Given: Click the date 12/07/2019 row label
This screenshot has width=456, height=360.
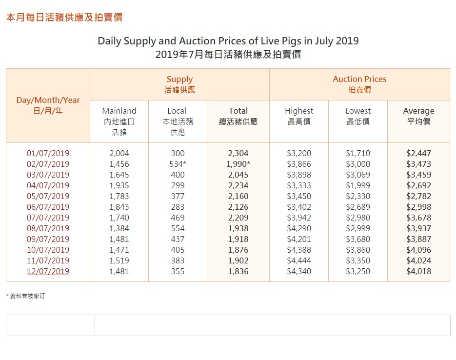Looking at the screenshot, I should pos(48,271).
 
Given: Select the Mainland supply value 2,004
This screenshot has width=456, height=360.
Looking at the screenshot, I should pos(119,153).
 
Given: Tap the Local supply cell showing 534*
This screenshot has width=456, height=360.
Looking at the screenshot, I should pos(178,164).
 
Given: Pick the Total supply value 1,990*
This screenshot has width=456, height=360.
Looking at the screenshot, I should pos(238,164).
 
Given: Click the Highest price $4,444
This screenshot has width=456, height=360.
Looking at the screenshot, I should pos(299,260).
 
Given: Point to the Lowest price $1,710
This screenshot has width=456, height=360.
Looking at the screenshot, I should pos(358,153).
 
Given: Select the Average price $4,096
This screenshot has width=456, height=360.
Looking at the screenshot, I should pos(418,250).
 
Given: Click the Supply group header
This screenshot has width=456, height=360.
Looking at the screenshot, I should pos(179,84).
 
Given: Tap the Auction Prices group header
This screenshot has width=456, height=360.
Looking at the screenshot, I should pos(359,84).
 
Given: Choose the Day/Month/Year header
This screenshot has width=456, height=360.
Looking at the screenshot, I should pos(48,105).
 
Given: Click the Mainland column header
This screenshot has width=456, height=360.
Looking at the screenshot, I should pos(119,111).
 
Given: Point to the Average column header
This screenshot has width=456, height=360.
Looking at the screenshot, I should pos(418,111).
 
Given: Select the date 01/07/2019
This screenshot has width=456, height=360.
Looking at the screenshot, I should pos(48,153).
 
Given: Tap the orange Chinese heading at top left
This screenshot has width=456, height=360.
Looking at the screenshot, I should pos(64,18).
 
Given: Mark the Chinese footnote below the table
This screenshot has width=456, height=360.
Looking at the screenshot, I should pos(25,296).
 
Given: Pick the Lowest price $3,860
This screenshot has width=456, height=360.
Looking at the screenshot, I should pos(358,250).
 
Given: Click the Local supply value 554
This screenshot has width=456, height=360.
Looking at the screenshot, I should pos(178,228).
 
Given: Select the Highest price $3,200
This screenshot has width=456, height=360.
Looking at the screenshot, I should pos(299,153).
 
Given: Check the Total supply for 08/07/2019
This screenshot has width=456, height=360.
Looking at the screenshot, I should pos(238,228).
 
